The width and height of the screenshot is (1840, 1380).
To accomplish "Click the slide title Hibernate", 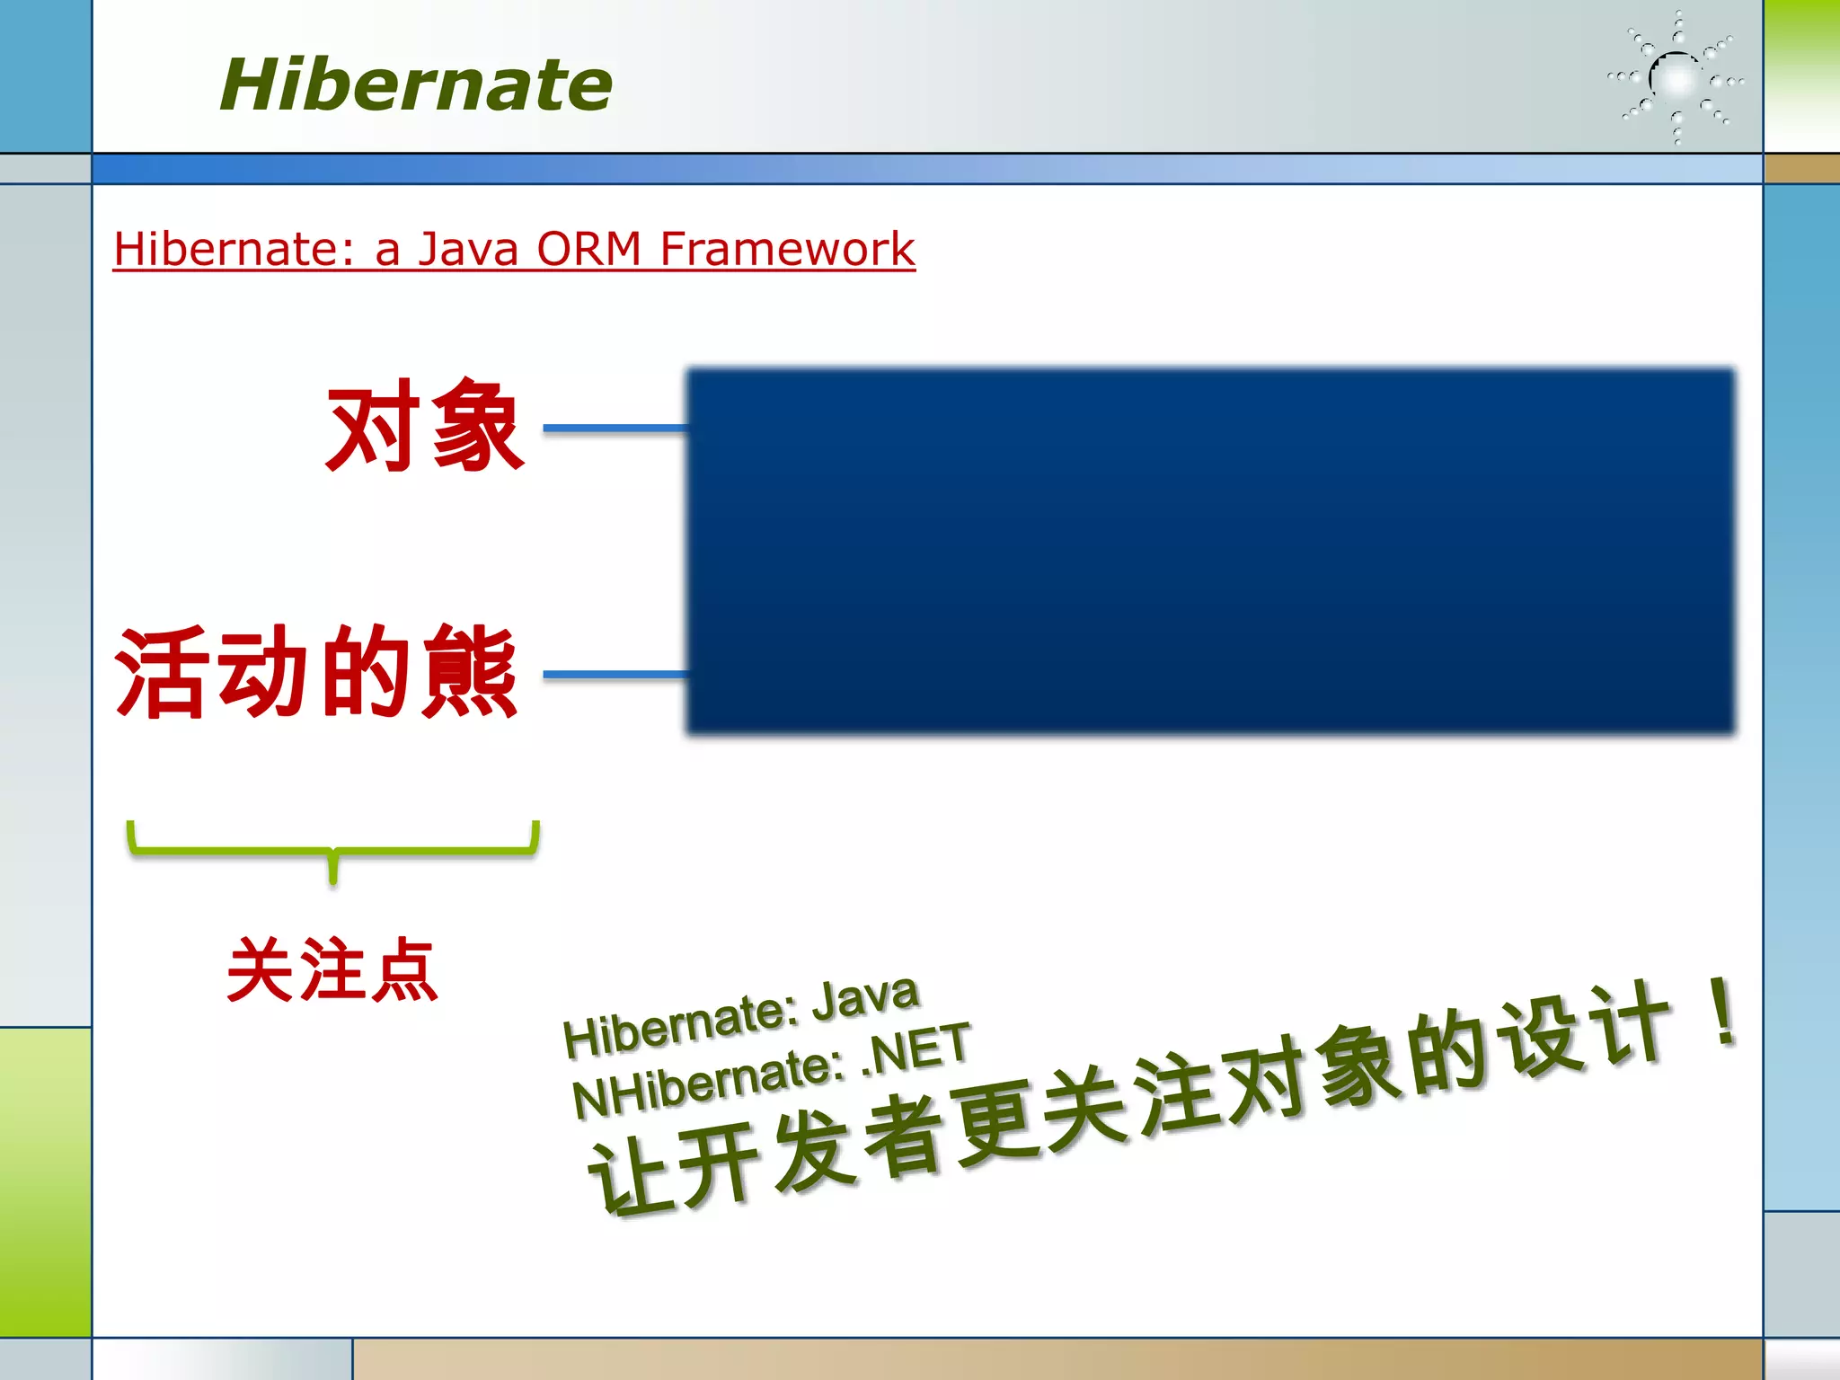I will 415,84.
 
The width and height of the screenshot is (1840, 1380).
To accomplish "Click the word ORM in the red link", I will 588,249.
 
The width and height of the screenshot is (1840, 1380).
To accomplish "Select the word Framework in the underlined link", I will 787,249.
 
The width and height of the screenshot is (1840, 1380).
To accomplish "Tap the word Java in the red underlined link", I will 468,249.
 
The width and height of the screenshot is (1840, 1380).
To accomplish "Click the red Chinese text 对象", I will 424,426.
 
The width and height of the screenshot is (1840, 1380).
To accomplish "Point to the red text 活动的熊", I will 316,672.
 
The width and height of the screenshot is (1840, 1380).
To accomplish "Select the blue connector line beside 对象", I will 615,429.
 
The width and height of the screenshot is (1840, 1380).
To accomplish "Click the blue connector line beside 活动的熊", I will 615,674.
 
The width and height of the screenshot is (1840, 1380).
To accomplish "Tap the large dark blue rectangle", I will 1210,551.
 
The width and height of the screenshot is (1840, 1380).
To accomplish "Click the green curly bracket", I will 332,849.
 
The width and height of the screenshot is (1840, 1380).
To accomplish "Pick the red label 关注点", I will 332,970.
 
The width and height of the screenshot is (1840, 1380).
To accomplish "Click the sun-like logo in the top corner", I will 1676,79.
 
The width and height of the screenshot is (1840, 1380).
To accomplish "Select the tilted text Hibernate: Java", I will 741,1016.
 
